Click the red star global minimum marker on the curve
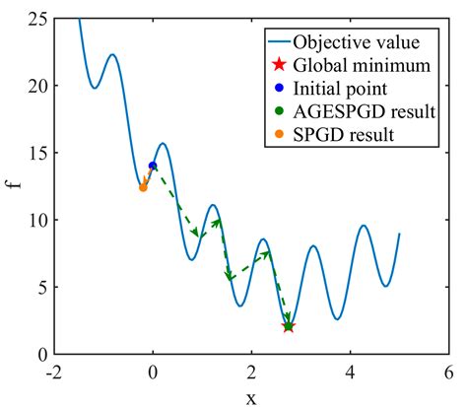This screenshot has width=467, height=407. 288,326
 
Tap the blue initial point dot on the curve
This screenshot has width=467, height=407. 153,166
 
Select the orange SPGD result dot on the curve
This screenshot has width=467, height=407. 143,187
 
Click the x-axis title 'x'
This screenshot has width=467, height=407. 250,396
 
